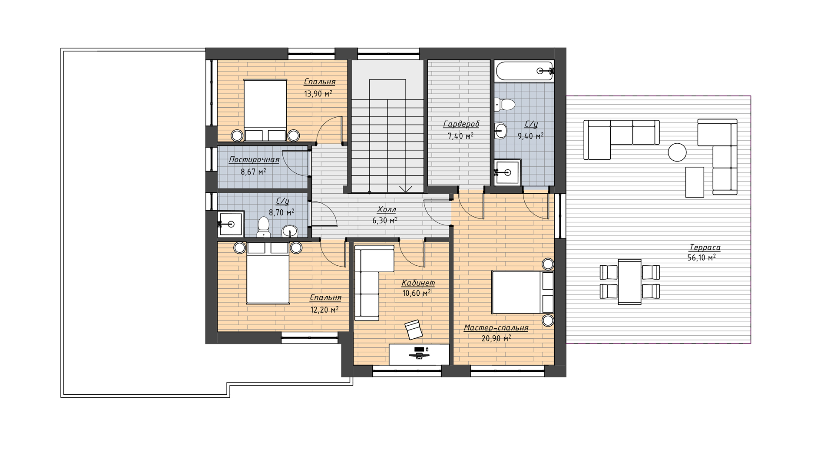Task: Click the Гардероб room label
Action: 461,125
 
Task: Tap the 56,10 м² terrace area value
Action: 702,258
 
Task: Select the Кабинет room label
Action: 418,283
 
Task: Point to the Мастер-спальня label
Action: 496,328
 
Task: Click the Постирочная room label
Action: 254,160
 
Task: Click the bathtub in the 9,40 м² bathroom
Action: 524,70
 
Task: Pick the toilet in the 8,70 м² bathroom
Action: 264,227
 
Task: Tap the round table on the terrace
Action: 677,152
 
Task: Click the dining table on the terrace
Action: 630,282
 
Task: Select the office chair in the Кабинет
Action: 413,330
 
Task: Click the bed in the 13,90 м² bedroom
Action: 265,110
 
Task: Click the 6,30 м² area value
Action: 385,221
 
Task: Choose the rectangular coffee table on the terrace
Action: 695,182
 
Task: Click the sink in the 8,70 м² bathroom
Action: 290,231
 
